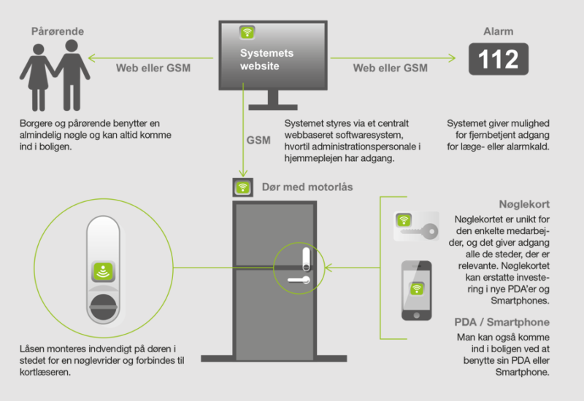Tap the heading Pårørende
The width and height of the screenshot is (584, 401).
[56, 31]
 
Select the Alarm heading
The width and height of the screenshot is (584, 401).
[498, 31]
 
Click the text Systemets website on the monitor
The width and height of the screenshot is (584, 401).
[266, 61]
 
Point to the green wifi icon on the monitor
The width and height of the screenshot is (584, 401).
[247, 33]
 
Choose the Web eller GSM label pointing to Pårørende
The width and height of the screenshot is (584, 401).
[153, 68]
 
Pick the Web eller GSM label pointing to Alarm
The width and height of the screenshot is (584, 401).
[391, 68]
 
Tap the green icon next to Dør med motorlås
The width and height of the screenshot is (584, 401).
[242, 187]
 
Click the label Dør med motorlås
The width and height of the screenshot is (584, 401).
[307, 187]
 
